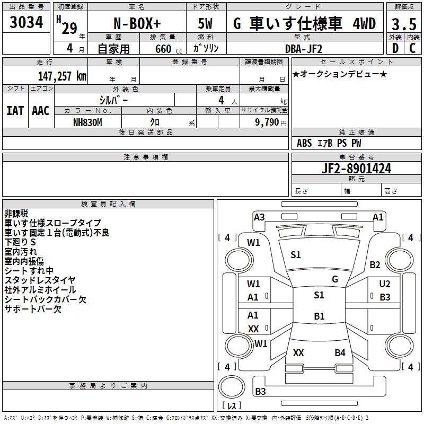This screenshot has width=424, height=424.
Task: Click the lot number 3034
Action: [x=26, y=23]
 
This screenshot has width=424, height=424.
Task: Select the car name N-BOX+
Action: [x=137, y=24]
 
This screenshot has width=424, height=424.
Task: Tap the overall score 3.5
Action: [x=404, y=24]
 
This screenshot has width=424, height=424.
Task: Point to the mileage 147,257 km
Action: [x=62, y=76]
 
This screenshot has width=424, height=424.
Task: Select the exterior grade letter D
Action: [x=395, y=49]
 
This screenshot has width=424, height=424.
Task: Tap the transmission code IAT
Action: [x=15, y=111]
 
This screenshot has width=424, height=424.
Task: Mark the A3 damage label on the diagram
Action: [x=259, y=217]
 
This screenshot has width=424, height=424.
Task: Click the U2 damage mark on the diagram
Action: [x=385, y=285]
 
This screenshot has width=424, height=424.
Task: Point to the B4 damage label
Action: [x=340, y=352]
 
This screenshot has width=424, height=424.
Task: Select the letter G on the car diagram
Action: [x=335, y=279]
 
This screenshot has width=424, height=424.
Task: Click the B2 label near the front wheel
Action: [x=375, y=264]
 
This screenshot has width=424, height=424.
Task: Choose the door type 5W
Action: [x=207, y=24]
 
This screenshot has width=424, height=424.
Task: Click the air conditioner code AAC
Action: [x=40, y=111]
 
